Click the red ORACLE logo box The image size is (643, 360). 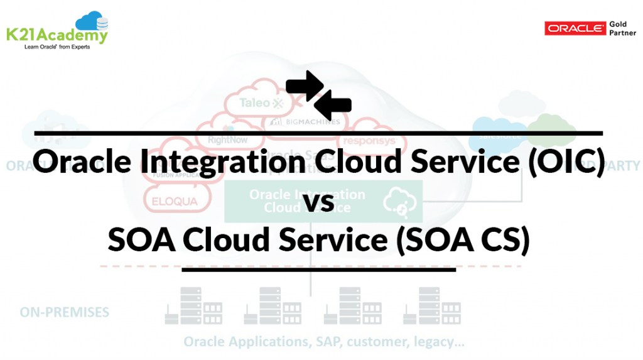coord(571,29)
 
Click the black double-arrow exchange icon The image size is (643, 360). coord(318,92)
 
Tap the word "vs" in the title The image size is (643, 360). coord(321,202)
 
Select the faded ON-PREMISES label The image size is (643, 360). coord(65,312)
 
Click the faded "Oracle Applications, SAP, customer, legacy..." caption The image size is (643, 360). coord(324,342)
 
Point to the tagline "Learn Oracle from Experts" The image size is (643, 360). coord(57,47)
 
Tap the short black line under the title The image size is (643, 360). coord(318,270)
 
